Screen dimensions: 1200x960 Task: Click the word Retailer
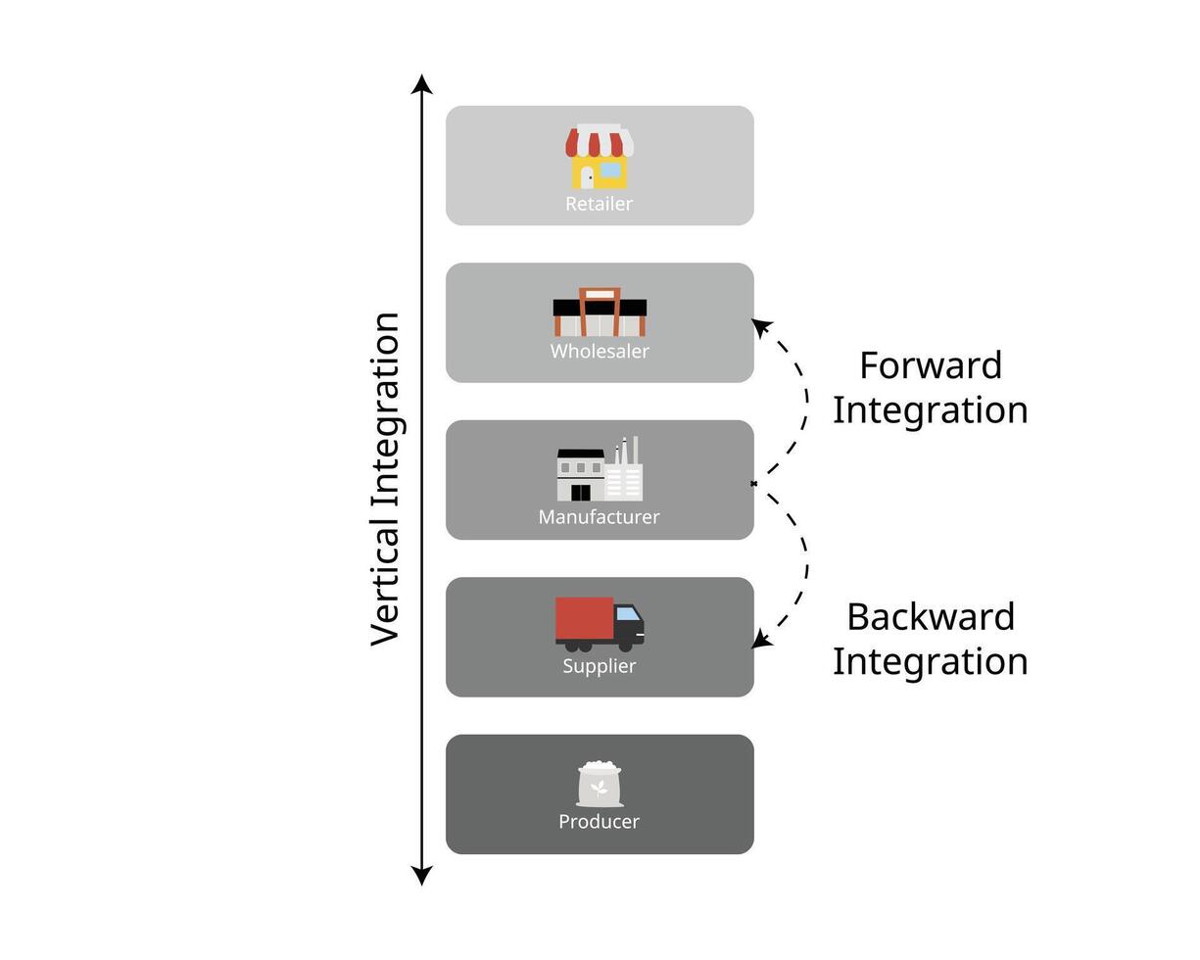600,204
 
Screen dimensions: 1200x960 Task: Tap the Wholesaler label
600,352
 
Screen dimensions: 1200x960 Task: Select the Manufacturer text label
599,517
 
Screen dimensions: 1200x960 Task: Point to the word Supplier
600,666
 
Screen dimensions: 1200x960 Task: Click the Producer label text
600,822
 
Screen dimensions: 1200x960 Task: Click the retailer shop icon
600,157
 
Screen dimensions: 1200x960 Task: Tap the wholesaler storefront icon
600,312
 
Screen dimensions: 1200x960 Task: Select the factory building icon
600,468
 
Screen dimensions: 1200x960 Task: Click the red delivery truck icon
600,624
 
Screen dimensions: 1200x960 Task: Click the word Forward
931,366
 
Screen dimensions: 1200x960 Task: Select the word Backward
931,617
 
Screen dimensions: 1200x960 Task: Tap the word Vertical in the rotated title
385,586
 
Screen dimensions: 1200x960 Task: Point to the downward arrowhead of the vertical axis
422,876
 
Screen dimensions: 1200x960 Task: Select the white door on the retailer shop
587,178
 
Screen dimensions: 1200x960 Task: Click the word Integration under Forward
931,411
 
